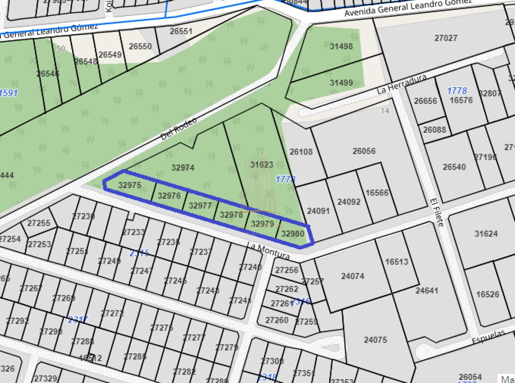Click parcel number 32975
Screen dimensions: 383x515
(x=130, y=185)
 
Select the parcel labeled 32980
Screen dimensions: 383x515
(x=293, y=234)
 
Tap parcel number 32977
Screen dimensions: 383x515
(x=200, y=205)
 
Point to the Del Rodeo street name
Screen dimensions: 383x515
(x=179, y=128)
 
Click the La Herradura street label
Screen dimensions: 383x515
(x=402, y=84)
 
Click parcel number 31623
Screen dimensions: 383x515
(x=262, y=164)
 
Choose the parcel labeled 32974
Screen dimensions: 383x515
(x=183, y=168)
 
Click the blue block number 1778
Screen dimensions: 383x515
(x=457, y=91)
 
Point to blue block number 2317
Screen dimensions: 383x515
(x=78, y=319)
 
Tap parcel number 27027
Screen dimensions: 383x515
(x=446, y=38)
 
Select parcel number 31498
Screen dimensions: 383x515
(x=341, y=46)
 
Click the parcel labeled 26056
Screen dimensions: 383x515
(x=364, y=151)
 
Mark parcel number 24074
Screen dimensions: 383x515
(x=353, y=276)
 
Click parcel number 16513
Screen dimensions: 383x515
(x=397, y=261)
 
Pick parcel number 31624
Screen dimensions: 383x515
(x=486, y=234)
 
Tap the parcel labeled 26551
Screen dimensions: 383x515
(x=181, y=31)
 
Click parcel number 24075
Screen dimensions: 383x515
(x=376, y=340)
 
